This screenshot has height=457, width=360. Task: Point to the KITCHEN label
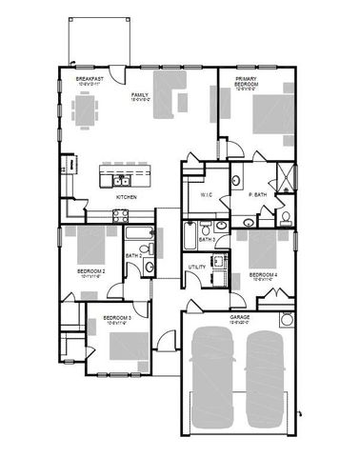pyautogui.click(x=126, y=197)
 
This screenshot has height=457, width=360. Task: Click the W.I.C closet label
pyautogui.click(x=205, y=196)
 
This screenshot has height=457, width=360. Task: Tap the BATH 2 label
pyautogui.click(x=134, y=255)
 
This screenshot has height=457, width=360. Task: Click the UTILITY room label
pyautogui.click(x=197, y=268)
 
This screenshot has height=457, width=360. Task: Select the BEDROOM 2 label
pyautogui.click(x=90, y=271)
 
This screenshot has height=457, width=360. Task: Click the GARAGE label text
pyautogui.click(x=240, y=317)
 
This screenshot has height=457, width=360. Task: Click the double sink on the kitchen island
pyautogui.click(x=122, y=179)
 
